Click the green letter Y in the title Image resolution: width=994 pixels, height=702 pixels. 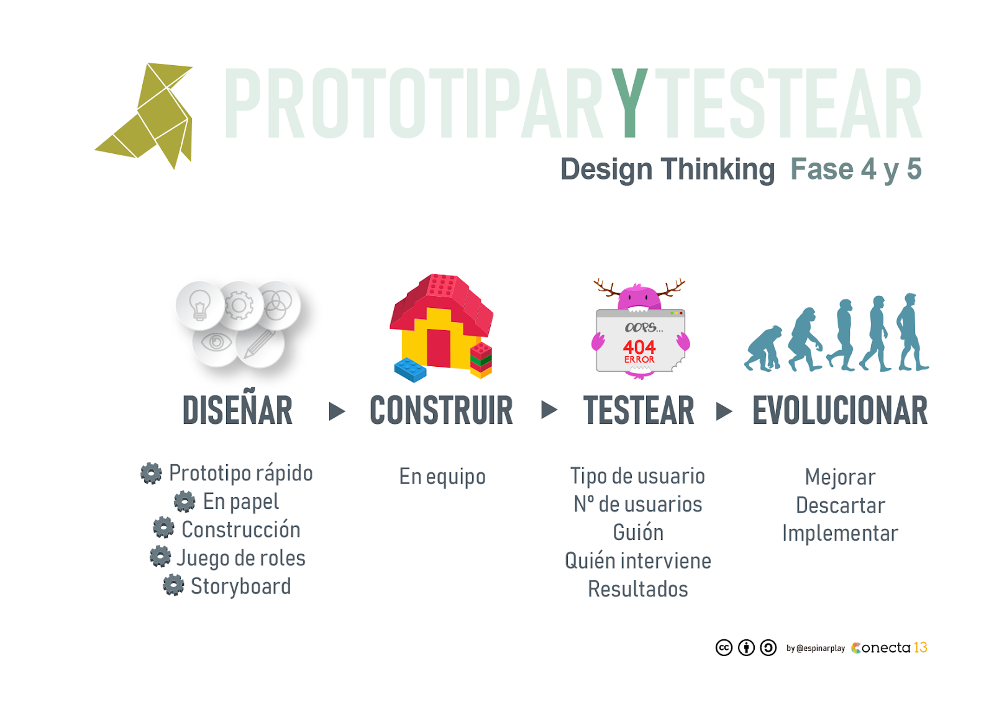coord(629,102)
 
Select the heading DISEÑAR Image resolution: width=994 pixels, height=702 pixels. coord(237,411)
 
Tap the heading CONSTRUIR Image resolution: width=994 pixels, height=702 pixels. coord(441,411)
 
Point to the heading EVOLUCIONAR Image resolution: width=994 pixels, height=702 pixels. coord(839,411)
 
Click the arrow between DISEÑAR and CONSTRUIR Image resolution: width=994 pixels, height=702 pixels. coord(336,411)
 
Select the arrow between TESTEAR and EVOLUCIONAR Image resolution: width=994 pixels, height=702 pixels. coord(724,411)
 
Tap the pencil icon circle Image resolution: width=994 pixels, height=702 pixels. coord(260,344)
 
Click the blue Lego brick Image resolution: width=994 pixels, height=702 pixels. coord(410,369)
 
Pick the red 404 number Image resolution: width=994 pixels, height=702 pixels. coord(639,346)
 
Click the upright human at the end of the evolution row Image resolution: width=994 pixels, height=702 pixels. coord(911,332)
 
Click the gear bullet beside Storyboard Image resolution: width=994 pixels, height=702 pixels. coord(173,585)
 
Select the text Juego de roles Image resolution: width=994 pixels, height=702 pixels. coord(241,557)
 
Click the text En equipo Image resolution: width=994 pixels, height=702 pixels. coord(442,477)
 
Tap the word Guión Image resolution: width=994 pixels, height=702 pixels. coord(638,533)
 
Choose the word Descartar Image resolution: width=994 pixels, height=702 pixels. coord(840,505)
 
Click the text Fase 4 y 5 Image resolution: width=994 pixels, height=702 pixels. coord(855,169)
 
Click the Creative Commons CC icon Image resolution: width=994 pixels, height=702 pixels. coord(724,648)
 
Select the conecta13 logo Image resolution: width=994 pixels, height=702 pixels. coord(889,648)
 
